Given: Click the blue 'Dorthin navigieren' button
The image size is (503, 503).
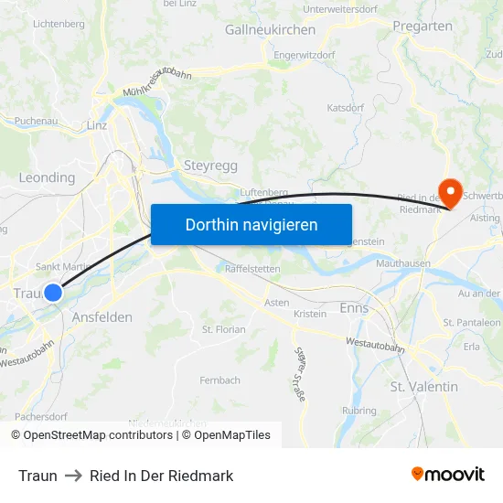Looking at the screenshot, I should pos(251,224).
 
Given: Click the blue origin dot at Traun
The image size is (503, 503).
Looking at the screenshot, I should pos(53,293).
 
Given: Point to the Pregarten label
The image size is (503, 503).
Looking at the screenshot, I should pos(423,27).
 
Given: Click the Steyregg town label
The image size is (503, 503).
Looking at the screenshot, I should pos(210,167).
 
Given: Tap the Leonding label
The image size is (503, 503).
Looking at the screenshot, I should pos(47,178).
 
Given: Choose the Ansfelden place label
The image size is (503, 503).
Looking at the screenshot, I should pos(102,317).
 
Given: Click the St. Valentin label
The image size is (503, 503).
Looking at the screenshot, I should pos(423,387).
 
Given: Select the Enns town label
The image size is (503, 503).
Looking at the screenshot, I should pos(354,309).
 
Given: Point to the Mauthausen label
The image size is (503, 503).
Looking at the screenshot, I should pos(402,263).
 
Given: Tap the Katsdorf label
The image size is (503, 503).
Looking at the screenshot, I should pos(346,108).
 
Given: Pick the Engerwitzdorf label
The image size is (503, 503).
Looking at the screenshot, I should pos(304,55).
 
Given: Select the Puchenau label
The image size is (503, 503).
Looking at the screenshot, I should pos(36,120).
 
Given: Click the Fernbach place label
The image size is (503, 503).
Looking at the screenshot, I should pos(220,380).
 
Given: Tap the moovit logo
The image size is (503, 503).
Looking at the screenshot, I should pos(448,475).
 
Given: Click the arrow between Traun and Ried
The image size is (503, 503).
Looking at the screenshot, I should pos(73,476).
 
